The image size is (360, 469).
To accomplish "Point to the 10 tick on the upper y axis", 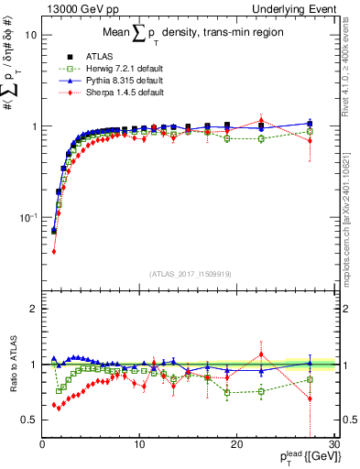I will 29,34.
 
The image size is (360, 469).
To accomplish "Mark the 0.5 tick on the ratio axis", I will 27,420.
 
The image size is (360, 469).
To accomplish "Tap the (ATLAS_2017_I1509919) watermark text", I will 191,273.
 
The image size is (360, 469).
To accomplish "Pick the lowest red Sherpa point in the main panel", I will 54,251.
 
